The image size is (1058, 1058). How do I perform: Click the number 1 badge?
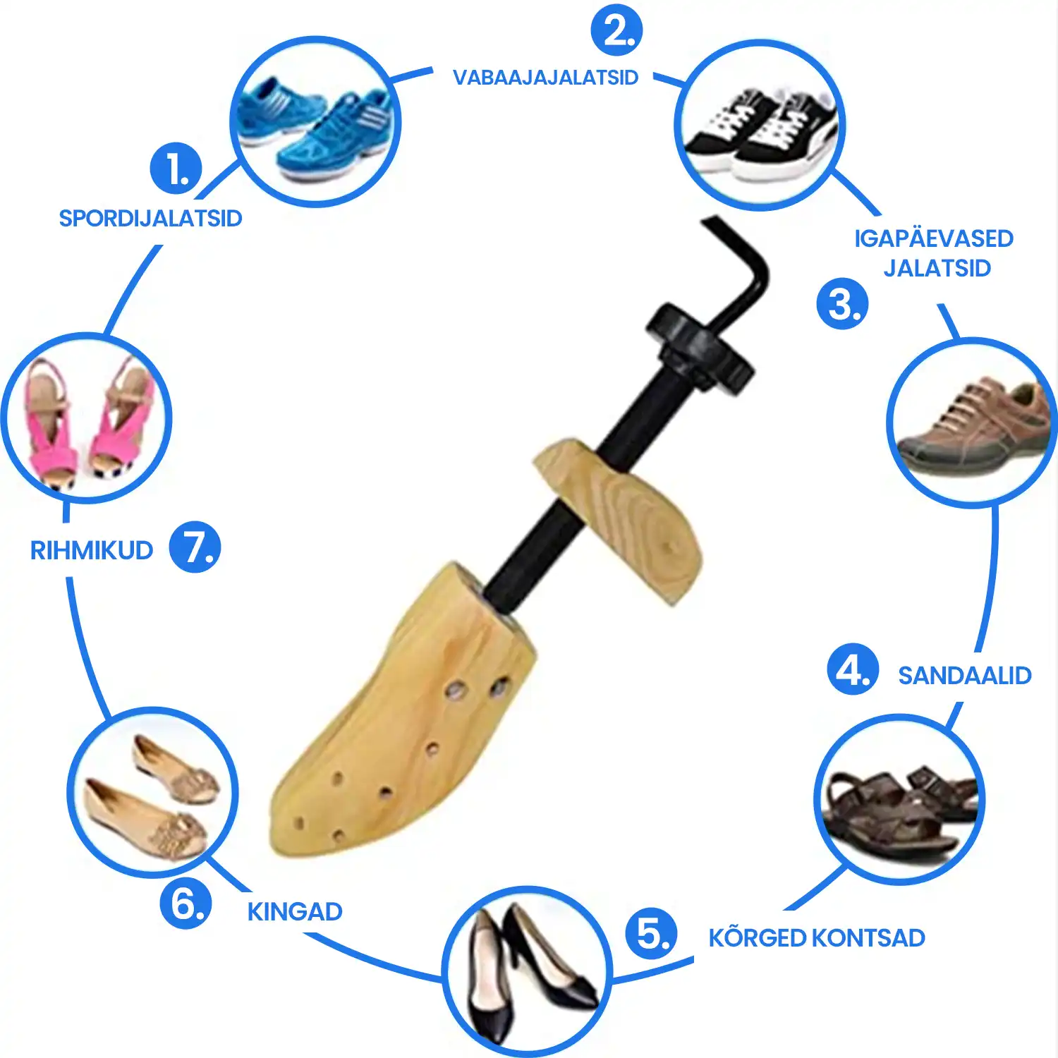click(176, 169)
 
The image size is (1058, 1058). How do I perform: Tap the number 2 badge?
click(617, 30)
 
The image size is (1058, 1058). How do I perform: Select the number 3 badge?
click(842, 304)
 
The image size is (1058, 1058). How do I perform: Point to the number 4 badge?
click(853, 669)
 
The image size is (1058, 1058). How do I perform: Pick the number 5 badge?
click(651, 933)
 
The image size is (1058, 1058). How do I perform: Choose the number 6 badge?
click(186, 903)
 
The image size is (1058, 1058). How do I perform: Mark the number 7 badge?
click(195, 547)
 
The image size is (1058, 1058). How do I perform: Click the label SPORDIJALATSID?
click(150, 219)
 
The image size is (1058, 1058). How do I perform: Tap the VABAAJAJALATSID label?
click(545, 78)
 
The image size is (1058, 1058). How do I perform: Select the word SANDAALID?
click(964, 676)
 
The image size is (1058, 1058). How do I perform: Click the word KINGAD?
click(295, 912)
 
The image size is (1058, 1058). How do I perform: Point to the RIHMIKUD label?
click(92, 550)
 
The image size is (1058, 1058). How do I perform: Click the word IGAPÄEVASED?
click(934, 238)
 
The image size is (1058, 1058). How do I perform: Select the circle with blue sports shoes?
click(315, 121)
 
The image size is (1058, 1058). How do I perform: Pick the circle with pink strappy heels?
click(86, 418)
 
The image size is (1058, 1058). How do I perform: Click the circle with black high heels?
click(527, 972)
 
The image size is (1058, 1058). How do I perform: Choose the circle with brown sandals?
click(899, 799)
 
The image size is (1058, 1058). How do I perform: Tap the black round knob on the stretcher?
click(700, 348)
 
